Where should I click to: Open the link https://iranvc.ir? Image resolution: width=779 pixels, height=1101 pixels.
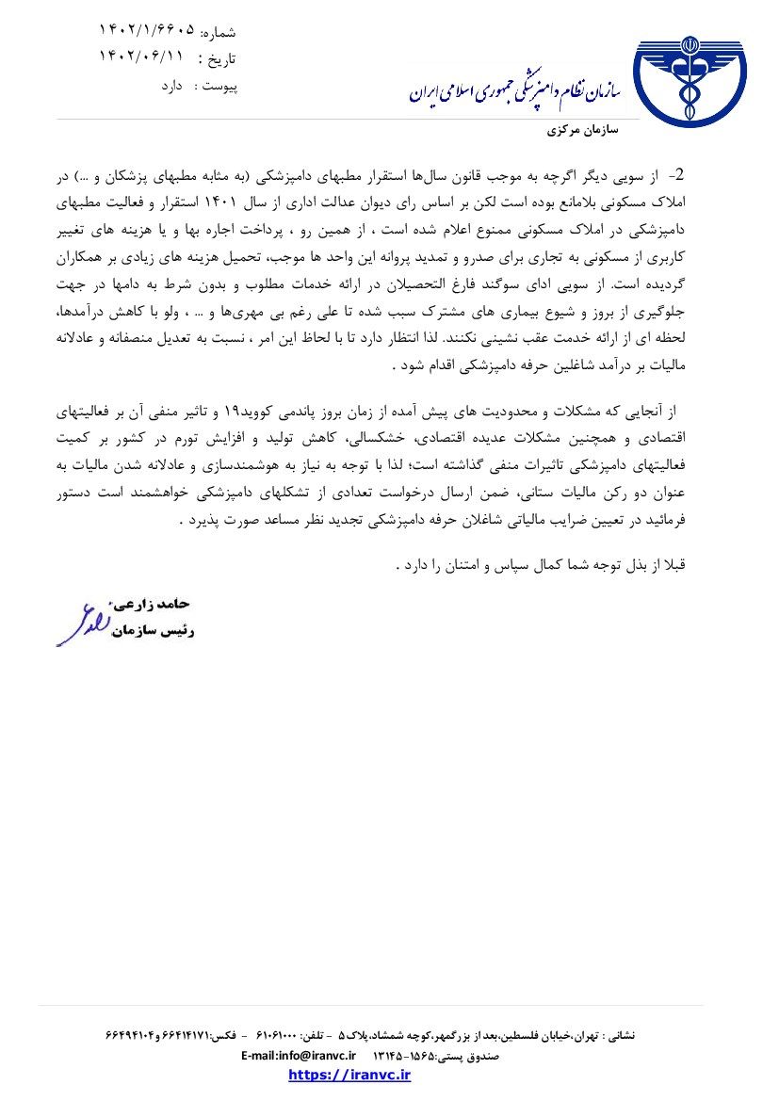tap(349, 1075)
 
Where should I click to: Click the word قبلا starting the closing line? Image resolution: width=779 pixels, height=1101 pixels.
tap(677, 565)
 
